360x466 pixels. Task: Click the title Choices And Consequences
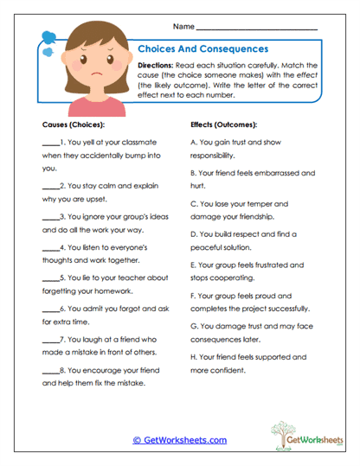coord(203,49)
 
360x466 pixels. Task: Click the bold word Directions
coord(157,66)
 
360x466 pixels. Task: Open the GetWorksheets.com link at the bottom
coord(178,440)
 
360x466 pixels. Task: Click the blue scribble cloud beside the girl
coord(48,38)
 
